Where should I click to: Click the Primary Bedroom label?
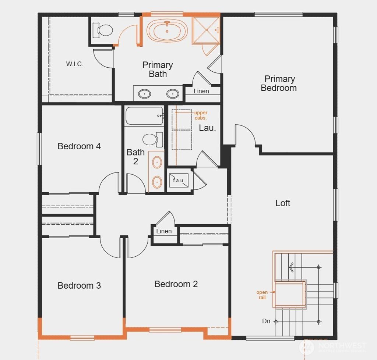click(x=279, y=83)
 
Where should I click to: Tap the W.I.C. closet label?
click(x=75, y=64)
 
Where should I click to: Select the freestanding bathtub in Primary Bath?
click(x=167, y=31)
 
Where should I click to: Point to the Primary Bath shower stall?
click(x=205, y=30)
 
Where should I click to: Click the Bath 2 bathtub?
click(x=144, y=116)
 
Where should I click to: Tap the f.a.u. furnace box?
click(x=179, y=181)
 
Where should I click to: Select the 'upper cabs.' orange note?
click(x=201, y=115)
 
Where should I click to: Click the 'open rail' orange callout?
click(x=262, y=295)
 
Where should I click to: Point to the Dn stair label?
click(x=266, y=321)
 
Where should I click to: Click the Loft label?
click(x=283, y=203)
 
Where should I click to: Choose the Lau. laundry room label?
click(x=207, y=128)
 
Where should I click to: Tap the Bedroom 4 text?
click(x=79, y=146)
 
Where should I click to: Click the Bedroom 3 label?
click(x=79, y=286)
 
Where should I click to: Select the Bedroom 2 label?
click(x=176, y=284)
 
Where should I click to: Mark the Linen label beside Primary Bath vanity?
click(x=201, y=91)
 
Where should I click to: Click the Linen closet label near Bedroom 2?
click(x=164, y=231)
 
